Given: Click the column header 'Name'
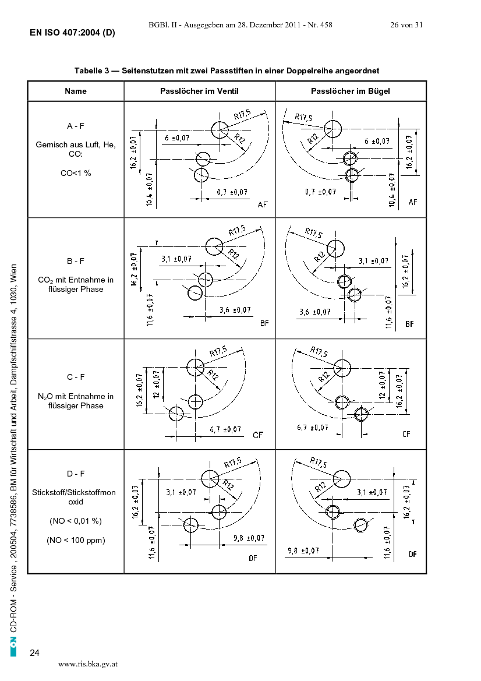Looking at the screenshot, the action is [x=76, y=91].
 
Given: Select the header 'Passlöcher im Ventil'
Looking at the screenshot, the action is [x=199, y=91].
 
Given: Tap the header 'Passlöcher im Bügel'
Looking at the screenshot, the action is [x=351, y=91].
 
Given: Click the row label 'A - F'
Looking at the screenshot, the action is [x=76, y=126].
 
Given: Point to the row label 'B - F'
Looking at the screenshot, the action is [x=76, y=261].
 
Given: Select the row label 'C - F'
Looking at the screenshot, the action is [x=76, y=377].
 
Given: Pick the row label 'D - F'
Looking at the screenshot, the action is [x=76, y=474].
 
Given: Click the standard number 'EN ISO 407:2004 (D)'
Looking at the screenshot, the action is [x=72, y=33].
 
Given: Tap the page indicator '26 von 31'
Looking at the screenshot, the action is [x=406, y=24].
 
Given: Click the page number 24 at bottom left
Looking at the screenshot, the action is [x=34, y=653].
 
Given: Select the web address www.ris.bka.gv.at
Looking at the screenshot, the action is [x=88, y=664].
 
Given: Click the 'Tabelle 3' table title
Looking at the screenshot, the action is [x=227, y=70].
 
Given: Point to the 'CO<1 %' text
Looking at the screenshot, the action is [x=76, y=173].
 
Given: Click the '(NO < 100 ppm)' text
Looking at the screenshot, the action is [x=76, y=540].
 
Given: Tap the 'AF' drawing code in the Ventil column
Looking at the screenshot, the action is [x=263, y=204].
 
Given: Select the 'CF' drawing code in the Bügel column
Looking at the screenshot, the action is [x=406, y=434].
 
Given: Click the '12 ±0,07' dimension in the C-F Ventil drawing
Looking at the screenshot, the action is [x=156, y=384].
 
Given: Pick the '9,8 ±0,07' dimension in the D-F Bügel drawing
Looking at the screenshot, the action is [x=303, y=551].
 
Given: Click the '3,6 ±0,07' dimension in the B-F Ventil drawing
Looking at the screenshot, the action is [x=235, y=310].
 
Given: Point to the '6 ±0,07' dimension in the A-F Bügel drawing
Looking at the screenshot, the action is [x=377, y=141].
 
